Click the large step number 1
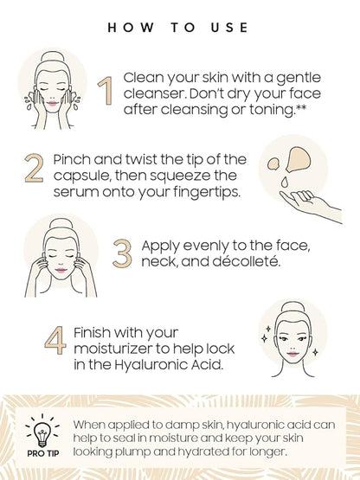106,91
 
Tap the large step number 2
34,168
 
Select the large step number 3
122,253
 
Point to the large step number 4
55,340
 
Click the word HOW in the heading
131,28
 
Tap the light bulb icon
42,432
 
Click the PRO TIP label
43,453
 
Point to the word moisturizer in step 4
119,349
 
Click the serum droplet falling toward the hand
285,182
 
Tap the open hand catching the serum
311,205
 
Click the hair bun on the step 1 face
51,57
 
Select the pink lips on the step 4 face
292,355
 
